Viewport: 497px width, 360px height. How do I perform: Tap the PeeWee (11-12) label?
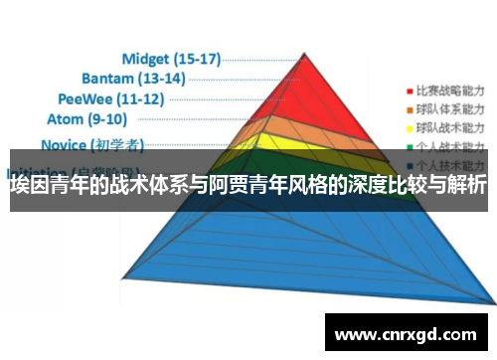click(x=110, y=98)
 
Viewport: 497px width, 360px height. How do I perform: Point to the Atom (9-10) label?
click(x=87, y=119)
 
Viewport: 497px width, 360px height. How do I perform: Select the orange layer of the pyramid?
click(x=298, y=125)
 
